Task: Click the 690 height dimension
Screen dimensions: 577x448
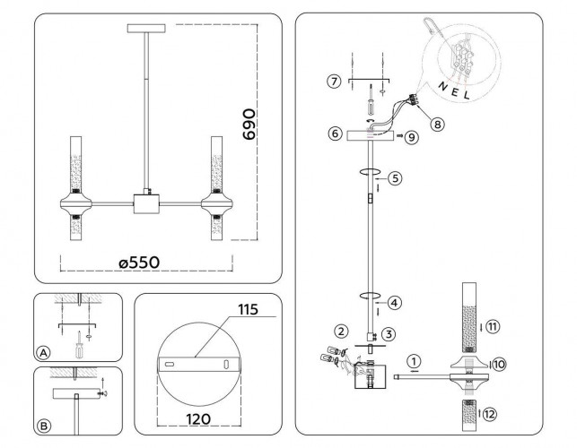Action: tap(249, 125)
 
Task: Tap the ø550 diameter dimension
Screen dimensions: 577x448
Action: tap(139, 263)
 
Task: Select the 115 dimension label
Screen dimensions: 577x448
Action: tap(248, 309)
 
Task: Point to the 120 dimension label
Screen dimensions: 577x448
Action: tap(198, 418)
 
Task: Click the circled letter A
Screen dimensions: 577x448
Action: tap(43, 353)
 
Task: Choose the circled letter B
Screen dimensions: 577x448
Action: tap(44, 426)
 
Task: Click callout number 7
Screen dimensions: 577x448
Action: tap(334, 81)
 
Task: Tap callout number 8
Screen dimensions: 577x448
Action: tap(437, 125)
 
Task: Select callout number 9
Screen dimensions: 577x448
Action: tap(411, 137)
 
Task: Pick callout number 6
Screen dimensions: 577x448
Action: tap(335, 133)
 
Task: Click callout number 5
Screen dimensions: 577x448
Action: tap(395, 178)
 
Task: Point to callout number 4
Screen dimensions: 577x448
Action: tap(395, 303)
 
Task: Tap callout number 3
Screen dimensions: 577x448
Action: tap(389, 334)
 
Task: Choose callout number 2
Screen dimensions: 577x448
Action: tap(341, 332)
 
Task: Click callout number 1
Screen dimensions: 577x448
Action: tap(415, 361)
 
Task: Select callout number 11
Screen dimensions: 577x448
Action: tap(494, 326)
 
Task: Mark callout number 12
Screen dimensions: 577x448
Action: tap(489, 415)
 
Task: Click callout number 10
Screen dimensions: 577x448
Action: tap(499, 364)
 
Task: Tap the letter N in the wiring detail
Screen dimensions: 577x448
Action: tap(442, 86)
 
